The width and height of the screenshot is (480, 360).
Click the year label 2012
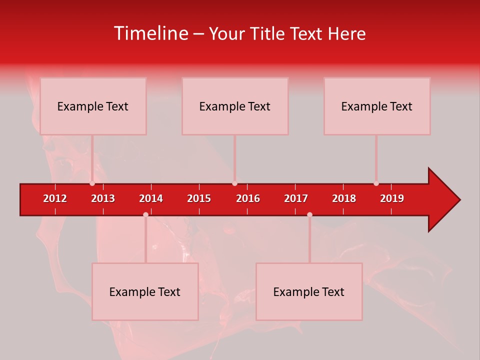click(x=55, y=198)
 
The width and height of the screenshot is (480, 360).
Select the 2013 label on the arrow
click(x=103, y=198)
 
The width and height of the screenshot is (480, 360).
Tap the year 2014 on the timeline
click(x=151, y=198)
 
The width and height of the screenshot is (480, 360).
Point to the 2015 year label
click(x=199, y=198)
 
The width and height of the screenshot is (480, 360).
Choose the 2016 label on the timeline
click(x=248, y=198)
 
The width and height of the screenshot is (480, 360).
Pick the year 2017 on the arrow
click(x=296, y=198)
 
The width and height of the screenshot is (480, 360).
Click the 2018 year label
click(x=344, y=198)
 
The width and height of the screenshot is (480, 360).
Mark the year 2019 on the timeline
click(x=392, y=198)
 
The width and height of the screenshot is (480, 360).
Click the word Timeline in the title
click(x=151, y=33)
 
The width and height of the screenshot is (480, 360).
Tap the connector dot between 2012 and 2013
click(x=92, y=183)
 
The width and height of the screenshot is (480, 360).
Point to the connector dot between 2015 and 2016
click(x=234, y=183)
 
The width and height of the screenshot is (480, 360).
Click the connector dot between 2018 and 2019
click(x=376, y=183)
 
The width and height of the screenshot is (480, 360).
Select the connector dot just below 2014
click(x=145, y=214)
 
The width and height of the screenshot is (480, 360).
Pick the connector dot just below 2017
click(x=309, y=214)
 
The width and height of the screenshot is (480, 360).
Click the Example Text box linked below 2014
click(x=145, y=291)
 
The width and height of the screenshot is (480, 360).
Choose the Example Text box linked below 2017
click(x=309, y=291)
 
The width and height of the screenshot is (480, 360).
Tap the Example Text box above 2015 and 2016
click(x=235, y=106)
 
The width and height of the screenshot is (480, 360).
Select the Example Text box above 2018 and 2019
click(x=377, y=106)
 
